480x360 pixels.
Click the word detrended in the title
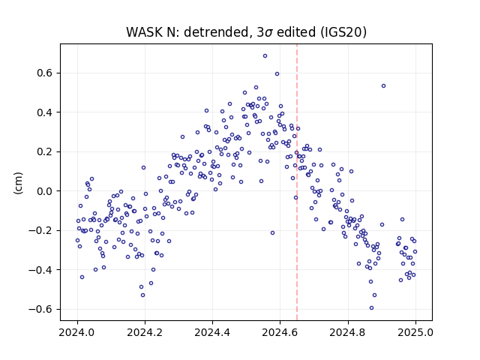click(218, 32)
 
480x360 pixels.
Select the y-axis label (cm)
click(18, 183)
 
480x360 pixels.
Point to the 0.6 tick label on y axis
click(45, 73)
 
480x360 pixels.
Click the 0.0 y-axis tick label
click(45, 191)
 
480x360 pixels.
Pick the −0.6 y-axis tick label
click(40, 309)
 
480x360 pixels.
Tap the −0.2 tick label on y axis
click(40, 230)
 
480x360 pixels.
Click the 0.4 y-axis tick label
click(45, 112)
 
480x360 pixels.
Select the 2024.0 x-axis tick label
click(77, 332)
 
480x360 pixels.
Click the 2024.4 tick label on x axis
click(212, 332)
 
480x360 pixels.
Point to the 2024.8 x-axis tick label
click(348, 332)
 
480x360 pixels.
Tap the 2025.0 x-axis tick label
click(415, 332)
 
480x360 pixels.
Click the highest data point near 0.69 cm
click(265, 56)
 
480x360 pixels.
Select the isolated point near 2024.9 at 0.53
click(383, 86)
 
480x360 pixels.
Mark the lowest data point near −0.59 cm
click(372, 308)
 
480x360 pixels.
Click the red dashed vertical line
click(297, 182)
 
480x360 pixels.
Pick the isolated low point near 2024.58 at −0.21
click(272, 233)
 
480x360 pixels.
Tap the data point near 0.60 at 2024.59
click(277, 74)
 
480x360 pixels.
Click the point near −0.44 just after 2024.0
click(82, 277)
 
